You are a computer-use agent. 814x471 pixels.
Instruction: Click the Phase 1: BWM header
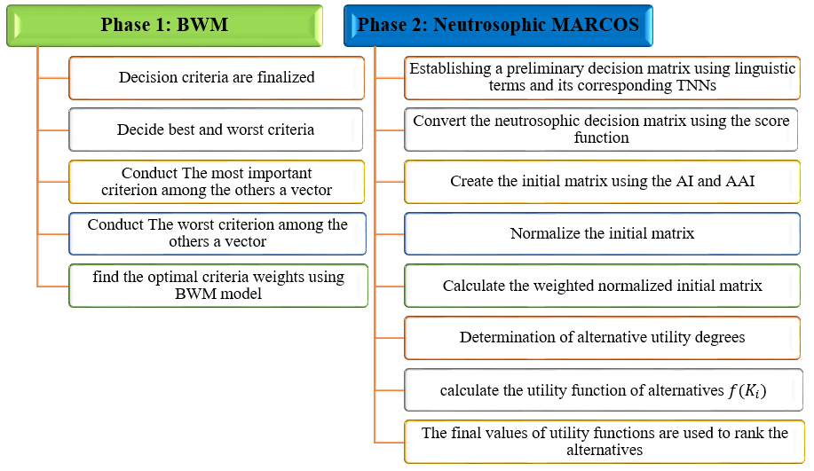tap(164, 26)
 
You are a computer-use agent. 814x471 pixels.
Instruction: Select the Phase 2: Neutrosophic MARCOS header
tap(498, 26)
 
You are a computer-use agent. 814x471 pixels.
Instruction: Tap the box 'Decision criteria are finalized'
tap(217, 78)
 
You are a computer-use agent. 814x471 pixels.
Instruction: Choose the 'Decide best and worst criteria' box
tap(216, 130)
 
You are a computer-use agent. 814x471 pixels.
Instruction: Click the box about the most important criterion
tap(217, 182)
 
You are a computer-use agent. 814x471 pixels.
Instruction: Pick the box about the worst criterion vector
tap(217, 233)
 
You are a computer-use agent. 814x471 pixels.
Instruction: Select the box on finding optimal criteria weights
tap(218, 286)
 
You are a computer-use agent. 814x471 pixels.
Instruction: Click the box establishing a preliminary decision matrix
tap(602, 78)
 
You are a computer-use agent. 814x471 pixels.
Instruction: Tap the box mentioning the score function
tap(601, 130)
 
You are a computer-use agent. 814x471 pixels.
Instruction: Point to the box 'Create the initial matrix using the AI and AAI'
tap(602, 182)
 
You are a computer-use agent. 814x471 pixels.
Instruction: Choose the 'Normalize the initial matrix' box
tap(602, 233)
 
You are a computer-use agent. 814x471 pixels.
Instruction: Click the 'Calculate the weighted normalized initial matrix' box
tap(602, 286)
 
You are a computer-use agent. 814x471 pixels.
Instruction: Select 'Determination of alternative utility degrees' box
tap(602, 338)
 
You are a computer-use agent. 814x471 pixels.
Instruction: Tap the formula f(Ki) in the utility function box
tap(747, 390)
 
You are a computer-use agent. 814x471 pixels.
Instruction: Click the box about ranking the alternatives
tap(605, 442)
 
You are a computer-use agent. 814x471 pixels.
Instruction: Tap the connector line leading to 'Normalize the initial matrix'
tap(390, 234)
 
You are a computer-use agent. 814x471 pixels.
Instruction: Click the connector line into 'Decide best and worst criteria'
tap(53, 130)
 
